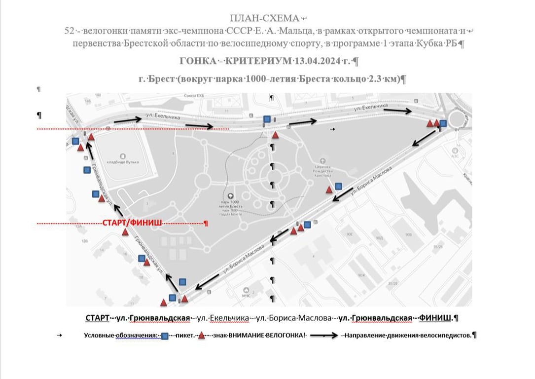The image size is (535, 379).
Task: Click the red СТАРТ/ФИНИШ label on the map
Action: tap(132, 223)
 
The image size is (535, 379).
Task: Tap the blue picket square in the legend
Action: tap(165, 336)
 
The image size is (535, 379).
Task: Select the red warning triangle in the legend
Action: tap(201, 336)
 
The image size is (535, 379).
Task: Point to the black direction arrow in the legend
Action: tap(323, 336)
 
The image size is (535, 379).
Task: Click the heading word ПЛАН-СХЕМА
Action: tap(267, 19)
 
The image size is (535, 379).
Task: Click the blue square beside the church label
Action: tap(338, 186)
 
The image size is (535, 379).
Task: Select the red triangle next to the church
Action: tap(329, 189)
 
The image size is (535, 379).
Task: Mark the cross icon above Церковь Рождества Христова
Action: tap(323, 160)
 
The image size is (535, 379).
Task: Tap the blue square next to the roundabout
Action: tap(443, 123)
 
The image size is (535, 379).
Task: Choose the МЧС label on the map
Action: tap(246, 295)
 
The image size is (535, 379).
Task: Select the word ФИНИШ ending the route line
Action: tap(435, 318)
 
